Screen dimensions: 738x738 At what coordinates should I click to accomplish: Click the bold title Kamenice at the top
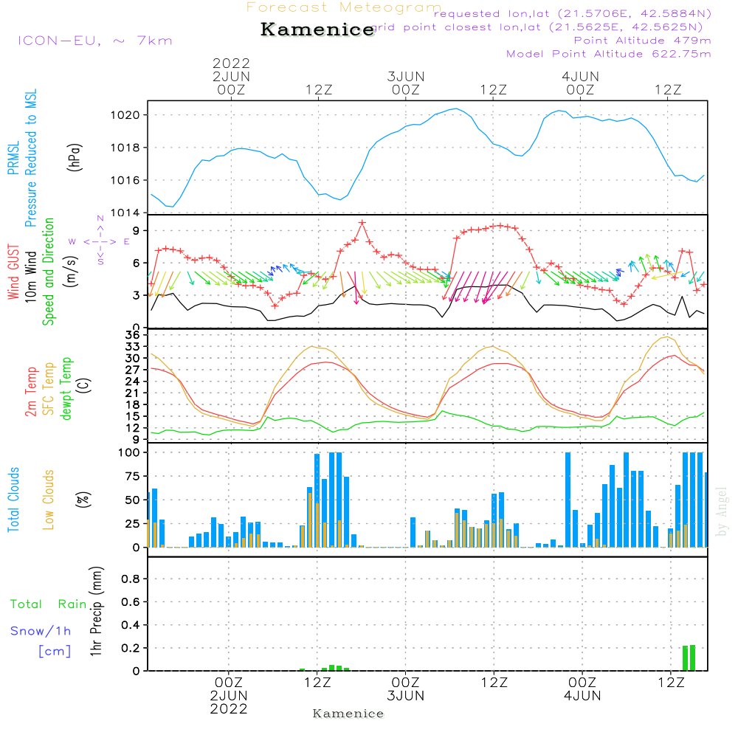click(317, 30)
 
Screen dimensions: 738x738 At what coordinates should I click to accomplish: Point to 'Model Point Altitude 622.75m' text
click(609, 54)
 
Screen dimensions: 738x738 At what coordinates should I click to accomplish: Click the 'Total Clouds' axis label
click(14, 499)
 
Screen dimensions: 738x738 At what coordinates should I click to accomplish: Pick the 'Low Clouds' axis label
click(49, 499)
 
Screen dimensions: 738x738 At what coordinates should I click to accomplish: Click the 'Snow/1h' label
click(41, 631)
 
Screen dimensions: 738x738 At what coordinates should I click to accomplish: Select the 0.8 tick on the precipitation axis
click(131, 579)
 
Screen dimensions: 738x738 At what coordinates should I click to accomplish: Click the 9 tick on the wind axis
click(137, 231)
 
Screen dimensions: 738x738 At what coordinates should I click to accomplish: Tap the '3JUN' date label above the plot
click(405, 76)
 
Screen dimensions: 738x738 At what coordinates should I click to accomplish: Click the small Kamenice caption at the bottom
click(348, 714)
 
